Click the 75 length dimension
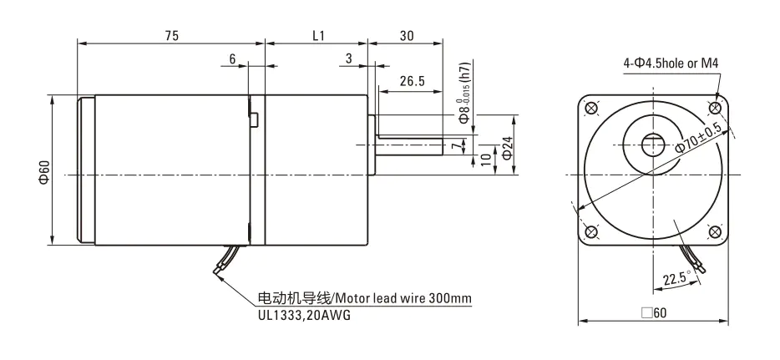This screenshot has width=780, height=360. [171, 36]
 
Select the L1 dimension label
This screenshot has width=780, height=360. [317, 36]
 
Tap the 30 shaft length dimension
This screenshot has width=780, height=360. [407, 36]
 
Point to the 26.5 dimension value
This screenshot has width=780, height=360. [412, 81]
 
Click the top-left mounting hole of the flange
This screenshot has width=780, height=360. [592, 107]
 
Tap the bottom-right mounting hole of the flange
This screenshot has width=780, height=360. [715, 232]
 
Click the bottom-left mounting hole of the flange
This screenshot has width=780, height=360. [592, 232]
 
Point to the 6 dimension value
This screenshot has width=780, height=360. [232, 59]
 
